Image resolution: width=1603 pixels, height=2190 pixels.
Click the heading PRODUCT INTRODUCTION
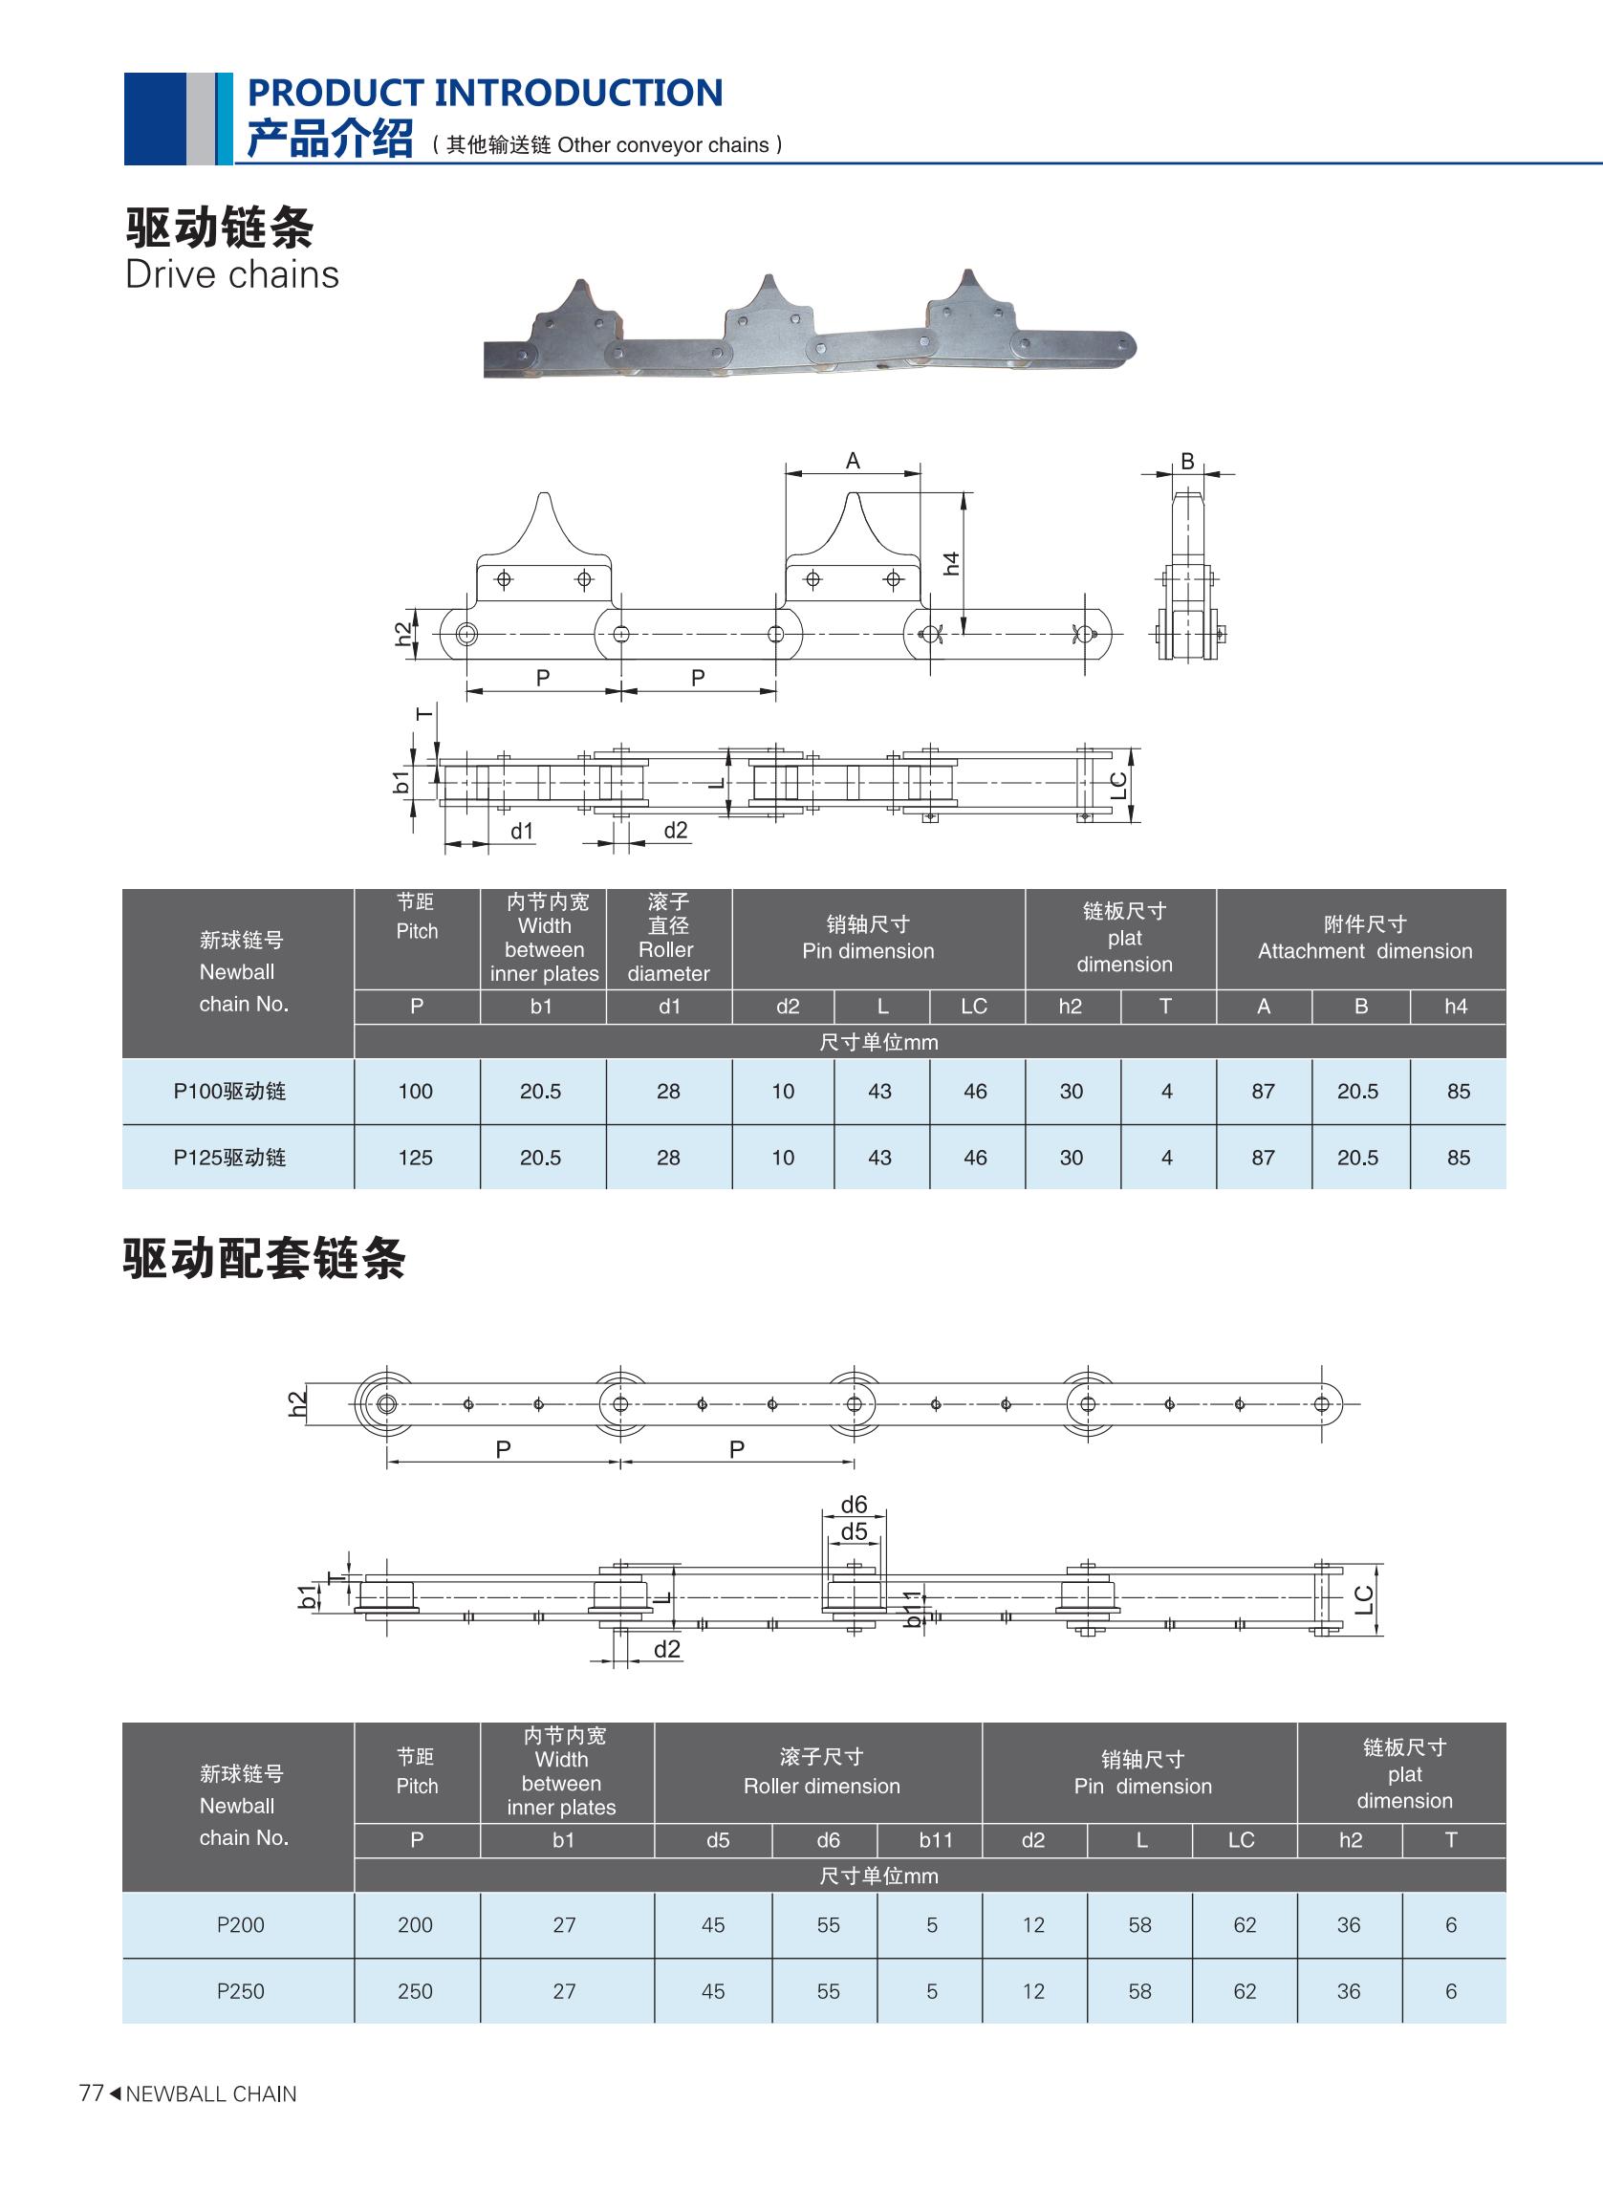[486, 93]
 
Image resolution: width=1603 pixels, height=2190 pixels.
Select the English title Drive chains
[232, 274]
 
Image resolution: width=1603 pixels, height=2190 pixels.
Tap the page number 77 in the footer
[90, 2092]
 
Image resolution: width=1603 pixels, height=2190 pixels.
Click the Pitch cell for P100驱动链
[415, 1091]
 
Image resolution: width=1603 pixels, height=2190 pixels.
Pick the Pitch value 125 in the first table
[415, 1158]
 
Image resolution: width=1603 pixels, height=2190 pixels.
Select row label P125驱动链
[230, 1158]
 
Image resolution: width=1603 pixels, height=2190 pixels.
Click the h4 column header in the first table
[1456, 1007]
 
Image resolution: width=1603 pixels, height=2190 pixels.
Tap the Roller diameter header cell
[668, 939]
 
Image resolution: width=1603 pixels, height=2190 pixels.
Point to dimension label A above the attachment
[853, 461]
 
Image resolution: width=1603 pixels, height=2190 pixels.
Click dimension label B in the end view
[1188, 462]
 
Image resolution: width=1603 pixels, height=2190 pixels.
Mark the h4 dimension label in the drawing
[952, 563]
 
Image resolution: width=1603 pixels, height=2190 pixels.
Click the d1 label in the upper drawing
[522, 831]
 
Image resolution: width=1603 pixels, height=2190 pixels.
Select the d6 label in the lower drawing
[854, 1505]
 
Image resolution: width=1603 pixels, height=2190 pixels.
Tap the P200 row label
[241, 1924]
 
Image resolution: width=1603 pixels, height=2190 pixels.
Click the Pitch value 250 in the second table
[415, 1991]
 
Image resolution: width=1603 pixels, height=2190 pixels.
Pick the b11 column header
[936, 1840]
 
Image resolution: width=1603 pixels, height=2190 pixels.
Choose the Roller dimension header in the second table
[821, 1772]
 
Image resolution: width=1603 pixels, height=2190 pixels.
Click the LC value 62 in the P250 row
[1244, 1991]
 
